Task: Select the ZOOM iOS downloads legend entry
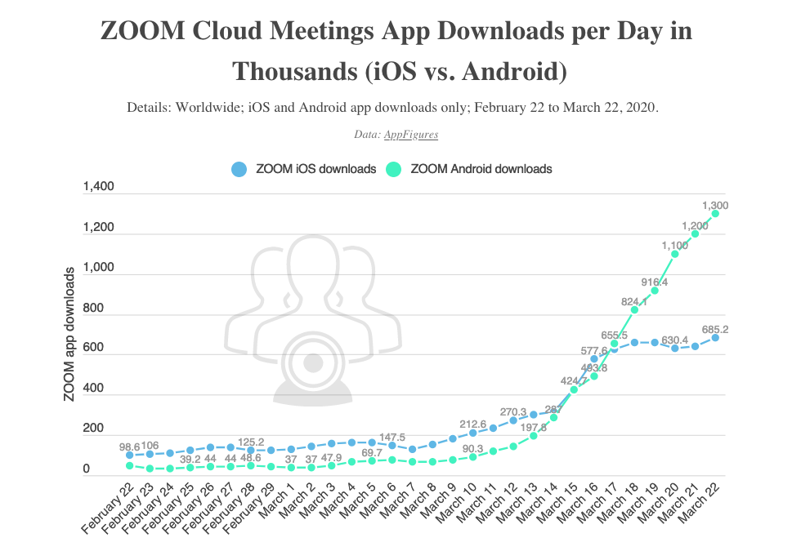pyautogui.click(x=304, y=169)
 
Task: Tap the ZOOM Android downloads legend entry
pyautogui.click(x=470, y=169)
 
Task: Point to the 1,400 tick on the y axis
pyautogui.click(x=99, y=188)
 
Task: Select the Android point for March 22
pyautogui.click(x=715, y=214)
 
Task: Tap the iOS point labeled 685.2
pyautogui.click(x=715, y=337)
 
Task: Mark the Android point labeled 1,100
pyautogui.click(x=675, y=254)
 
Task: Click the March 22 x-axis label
pyautogui.click(x=700, y=506)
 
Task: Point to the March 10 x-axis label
pyautogui.click(x=459, y=506)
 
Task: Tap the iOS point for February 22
pyautogui.click(x=130, y=456)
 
